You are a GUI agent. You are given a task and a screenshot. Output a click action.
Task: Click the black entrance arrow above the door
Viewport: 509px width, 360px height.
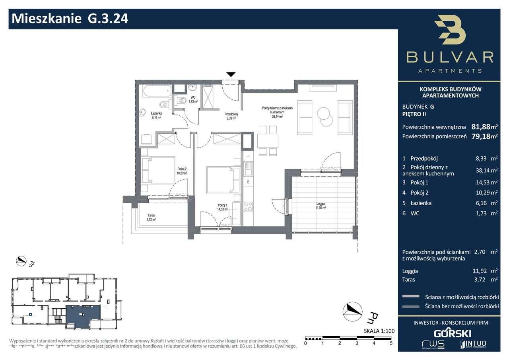[x=231, y=74]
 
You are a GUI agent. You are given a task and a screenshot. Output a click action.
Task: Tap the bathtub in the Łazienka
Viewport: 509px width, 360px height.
[x=156, y=91]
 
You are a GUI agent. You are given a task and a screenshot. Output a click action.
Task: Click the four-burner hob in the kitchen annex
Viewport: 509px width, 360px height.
[x=248, y=206]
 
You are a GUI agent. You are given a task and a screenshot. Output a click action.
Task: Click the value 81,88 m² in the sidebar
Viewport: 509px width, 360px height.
[x=484, y=127]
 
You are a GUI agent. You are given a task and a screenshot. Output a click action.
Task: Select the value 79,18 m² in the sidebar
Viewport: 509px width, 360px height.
[x=484, y=136]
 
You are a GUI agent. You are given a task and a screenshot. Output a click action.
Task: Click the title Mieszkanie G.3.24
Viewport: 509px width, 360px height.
[x=70, y=19]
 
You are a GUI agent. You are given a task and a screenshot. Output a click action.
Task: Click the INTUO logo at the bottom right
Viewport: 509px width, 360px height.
[x=472, y=343]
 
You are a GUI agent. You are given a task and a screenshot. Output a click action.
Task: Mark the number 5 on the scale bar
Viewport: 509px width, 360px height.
[x=391, y=343]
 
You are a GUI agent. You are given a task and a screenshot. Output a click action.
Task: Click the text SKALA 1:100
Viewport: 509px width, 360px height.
[x=378, y=331]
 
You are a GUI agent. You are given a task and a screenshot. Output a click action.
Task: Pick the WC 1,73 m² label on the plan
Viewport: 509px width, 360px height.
[x=193, y=99]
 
